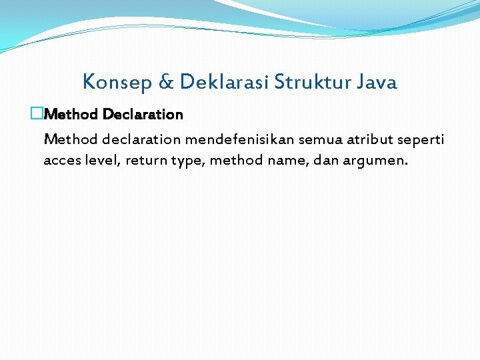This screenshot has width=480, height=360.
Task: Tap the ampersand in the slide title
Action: pyautogui.click(x=166, y=83)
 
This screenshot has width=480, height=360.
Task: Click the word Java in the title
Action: pyautogui.click(x=377, y=83)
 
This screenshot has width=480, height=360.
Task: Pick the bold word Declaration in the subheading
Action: pyautogui.click(x=143, y=114)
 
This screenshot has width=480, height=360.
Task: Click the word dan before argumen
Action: pyautogui.click(x=327, y=160)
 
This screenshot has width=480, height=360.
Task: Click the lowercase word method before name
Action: pyautogui.click(x=237, y=160)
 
